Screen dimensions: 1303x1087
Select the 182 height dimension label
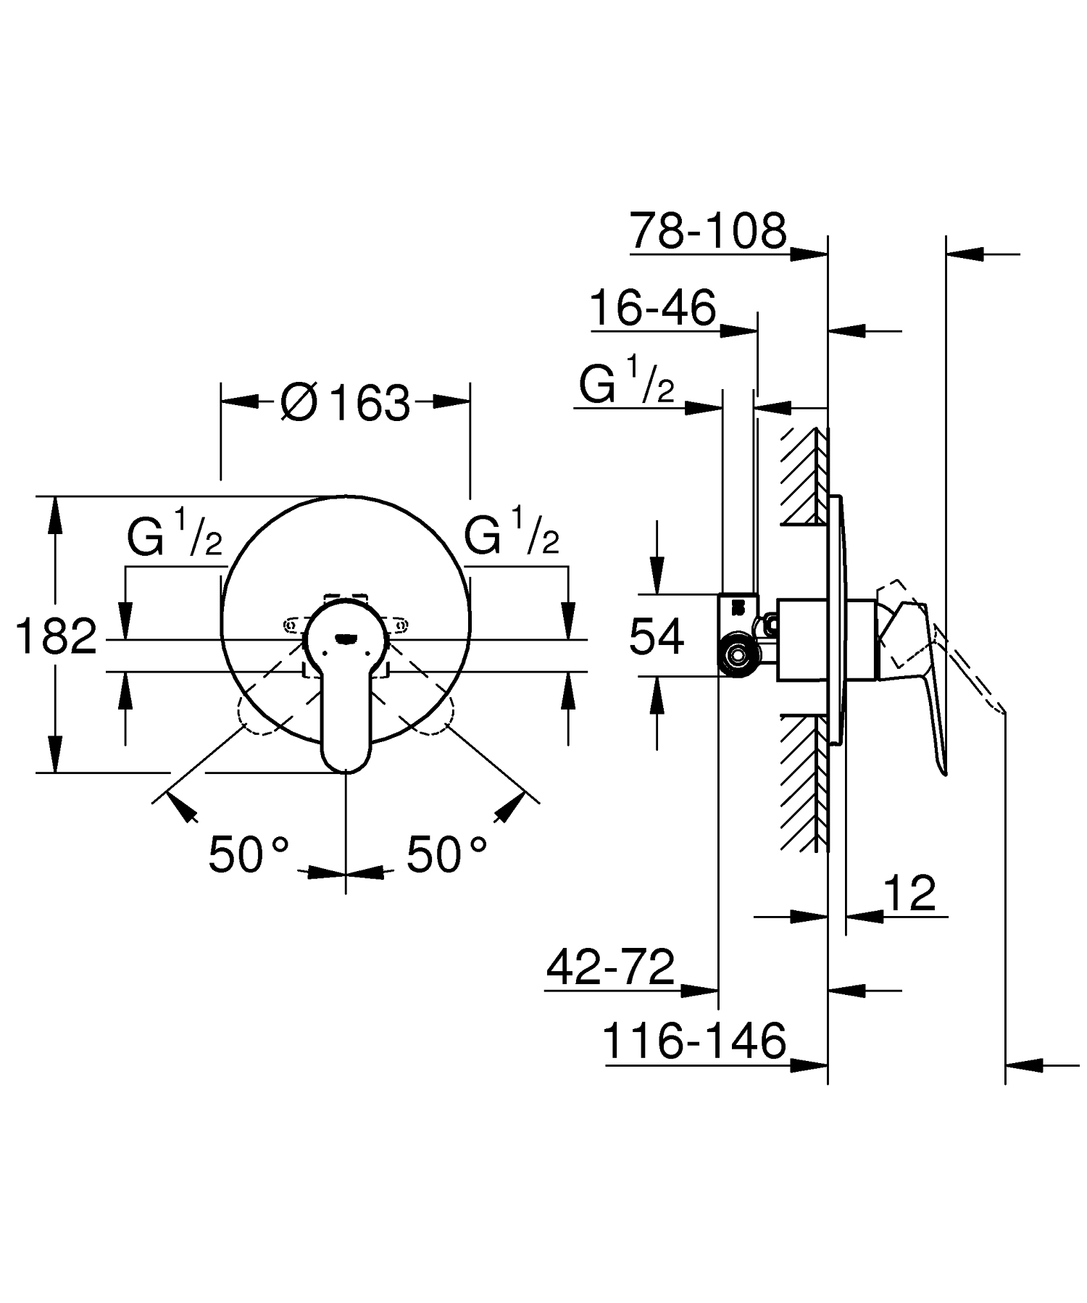point(56,637)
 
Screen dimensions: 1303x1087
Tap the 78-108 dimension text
point(707,231)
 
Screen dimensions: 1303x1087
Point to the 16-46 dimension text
point(652,308)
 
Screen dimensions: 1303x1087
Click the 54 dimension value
point(657,637)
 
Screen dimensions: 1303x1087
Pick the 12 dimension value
point(911,893)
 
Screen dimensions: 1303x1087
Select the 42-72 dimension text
point(610,967)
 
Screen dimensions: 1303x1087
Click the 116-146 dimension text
point(694,1041)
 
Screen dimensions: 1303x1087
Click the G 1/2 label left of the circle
point(175,535)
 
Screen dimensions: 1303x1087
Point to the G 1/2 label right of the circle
point(512,535)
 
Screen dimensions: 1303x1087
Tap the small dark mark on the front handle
point(346,638)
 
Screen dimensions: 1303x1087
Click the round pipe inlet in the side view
point(738,655)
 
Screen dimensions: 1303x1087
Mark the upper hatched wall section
point(804,475)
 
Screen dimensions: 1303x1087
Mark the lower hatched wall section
point(804,783)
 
